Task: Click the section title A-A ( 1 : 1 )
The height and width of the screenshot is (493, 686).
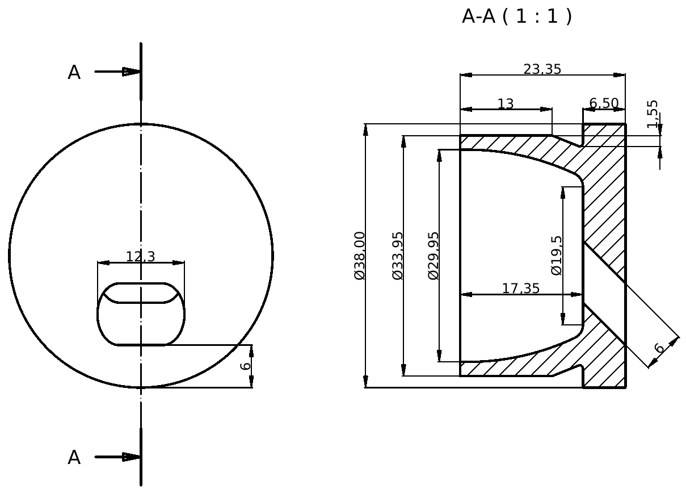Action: point(517,16)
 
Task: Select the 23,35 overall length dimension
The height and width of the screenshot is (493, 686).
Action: point(542,69)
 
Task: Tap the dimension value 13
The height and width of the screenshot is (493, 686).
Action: point(506,104)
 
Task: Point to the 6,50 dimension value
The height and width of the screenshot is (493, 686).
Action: point(604,103)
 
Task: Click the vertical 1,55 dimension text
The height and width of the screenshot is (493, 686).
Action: point(653,114)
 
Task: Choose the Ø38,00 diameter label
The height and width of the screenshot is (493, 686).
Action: point(360,256)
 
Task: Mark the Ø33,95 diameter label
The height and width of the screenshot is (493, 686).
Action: point(398,256)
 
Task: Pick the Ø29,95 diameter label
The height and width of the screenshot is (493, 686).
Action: point(434,256)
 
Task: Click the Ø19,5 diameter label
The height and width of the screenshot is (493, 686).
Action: point(557,256)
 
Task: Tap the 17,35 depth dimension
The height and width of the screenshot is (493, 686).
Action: point(521,289)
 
